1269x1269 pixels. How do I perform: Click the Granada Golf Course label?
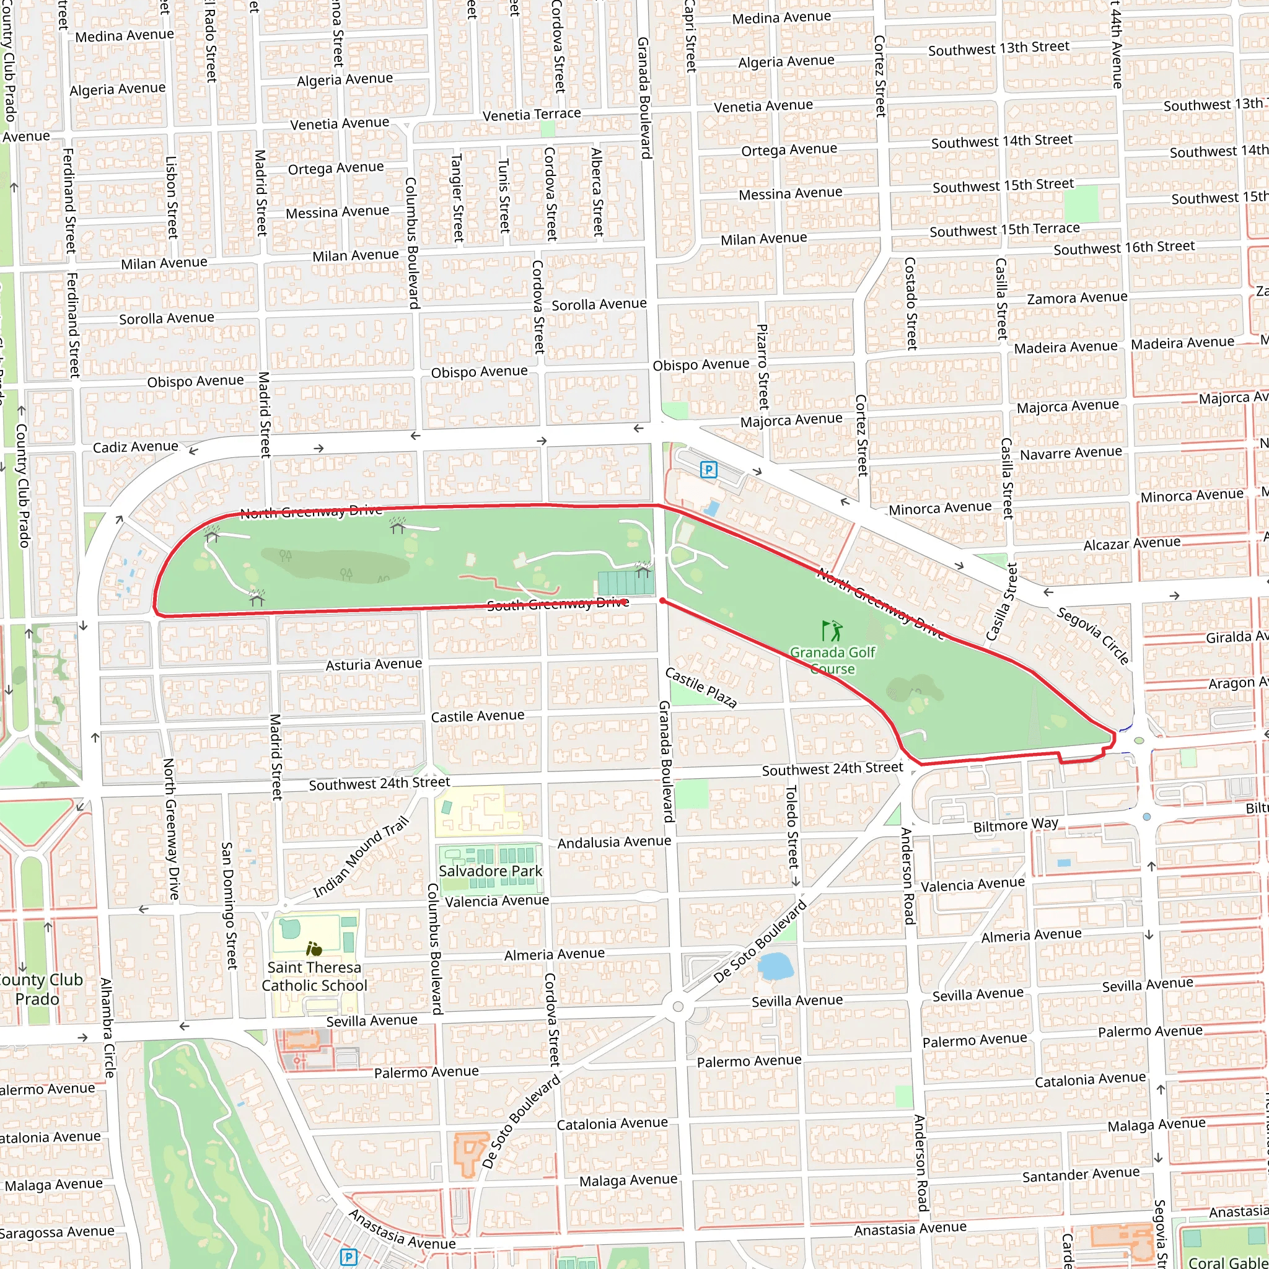pyautogui.click(x=832, y=660)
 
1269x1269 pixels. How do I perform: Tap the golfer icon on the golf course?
pyautogui.click(x=831, y=631)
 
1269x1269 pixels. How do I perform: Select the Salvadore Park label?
pyautogui.click(x=490, y=871)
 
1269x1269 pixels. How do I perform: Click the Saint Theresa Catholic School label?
pyautogui.click(x=314, y=976)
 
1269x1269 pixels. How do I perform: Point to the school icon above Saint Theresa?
pyautogui.click(x=314, y=949)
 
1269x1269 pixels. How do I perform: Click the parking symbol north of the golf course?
pyautogui.click(x=708, y=470)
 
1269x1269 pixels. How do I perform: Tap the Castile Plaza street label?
pyautogui.click(x=700, y=687)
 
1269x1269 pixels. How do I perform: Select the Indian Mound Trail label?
pyautogui.click(x=361, y=857)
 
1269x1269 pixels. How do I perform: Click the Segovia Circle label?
pyautogui.click(x=1092, y=635)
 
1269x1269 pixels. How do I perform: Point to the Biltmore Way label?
pyautogui.click(x=1016, y=825)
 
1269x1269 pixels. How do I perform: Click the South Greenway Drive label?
pyautogui.click(x=557, y=604)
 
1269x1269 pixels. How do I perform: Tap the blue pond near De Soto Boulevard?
pyautogui.click(x=776, y=966)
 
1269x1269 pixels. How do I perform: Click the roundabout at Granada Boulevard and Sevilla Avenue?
pyautogui.click(x=678, y=1006)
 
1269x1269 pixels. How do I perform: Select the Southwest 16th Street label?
pyautogui.click(x=1124, y=248)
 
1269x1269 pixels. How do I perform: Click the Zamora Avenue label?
pyautogui.click(x=1077, y=298)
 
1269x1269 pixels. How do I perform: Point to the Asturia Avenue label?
pyautogui.click(x=374, y=665)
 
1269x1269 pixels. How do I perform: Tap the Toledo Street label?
pyautogui.click(x=791, y=827)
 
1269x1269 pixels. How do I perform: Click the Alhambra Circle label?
pyautogui.click(x=107, y=1028)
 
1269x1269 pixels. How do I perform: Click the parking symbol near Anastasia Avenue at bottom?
pyautogui.click(x=348, y=1257)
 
